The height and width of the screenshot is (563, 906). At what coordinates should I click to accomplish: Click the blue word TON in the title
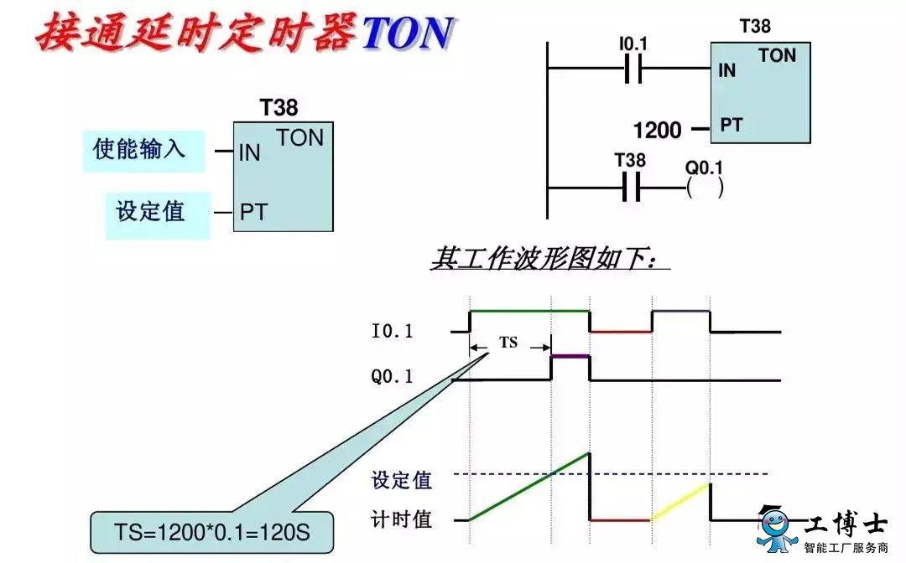(x=408, y=32)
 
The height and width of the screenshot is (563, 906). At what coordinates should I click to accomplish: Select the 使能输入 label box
(x=143, y=151)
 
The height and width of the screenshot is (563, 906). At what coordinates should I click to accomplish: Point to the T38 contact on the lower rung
(x=631, y=188)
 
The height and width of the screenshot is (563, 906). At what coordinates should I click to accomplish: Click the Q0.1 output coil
(x=705, y=188)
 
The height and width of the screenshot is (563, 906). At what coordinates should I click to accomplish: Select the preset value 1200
(x=657, y=130)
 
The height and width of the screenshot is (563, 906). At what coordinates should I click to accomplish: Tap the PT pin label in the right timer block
(x=731, y=125)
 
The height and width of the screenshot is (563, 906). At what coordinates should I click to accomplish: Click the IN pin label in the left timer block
(x=250, y=152)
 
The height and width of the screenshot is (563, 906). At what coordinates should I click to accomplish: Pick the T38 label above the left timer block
(x=279, y=107)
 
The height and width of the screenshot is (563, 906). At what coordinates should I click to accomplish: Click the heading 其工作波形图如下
(x=545, y=258)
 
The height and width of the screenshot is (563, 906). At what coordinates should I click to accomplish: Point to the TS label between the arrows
(x=508, y=343)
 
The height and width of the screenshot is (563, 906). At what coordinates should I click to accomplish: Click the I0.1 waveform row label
(x=393, y=331)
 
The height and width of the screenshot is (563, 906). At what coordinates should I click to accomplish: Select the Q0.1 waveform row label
(x=393, y=377)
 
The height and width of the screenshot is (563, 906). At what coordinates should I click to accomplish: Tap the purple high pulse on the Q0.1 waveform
(x=570, y=357)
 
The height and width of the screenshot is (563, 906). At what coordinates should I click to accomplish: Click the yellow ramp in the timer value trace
(x=680, y=502)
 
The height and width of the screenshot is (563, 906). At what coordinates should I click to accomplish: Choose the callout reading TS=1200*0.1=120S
(x=212, y=532)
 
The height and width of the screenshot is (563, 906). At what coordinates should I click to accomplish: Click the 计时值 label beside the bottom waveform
(x=402, y=519)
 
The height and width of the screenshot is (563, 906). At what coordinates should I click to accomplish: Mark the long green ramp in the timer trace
(x=529, y=487)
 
